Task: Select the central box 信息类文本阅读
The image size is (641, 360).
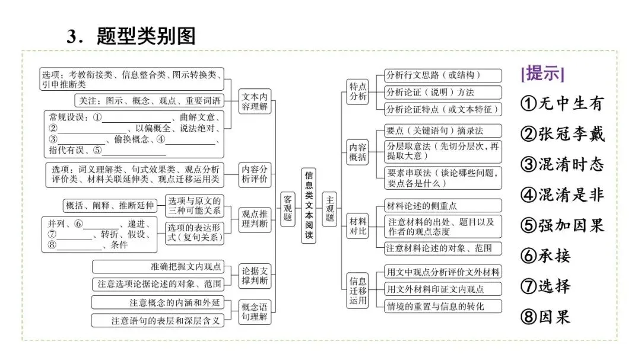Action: pyautogui.click(x=309, y=206)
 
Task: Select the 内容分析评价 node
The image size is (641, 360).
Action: pyautogui.click(x=255, y=174)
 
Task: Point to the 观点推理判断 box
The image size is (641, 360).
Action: pyautogui.click(x=255, y=219)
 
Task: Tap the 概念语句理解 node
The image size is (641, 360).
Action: pyautogui.click(x=255, y=311)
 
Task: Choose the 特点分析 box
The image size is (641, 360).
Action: pyautogui.click(x=358, y=92)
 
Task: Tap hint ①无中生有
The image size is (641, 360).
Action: pyautogui.click(x=561, y=104)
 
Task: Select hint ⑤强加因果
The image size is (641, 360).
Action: pyautogui.click(x=561, y=225)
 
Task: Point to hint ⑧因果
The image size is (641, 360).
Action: pyautogui.click(x=545, y=317)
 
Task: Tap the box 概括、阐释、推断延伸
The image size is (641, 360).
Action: pyautogui.click(x=110, y=206)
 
